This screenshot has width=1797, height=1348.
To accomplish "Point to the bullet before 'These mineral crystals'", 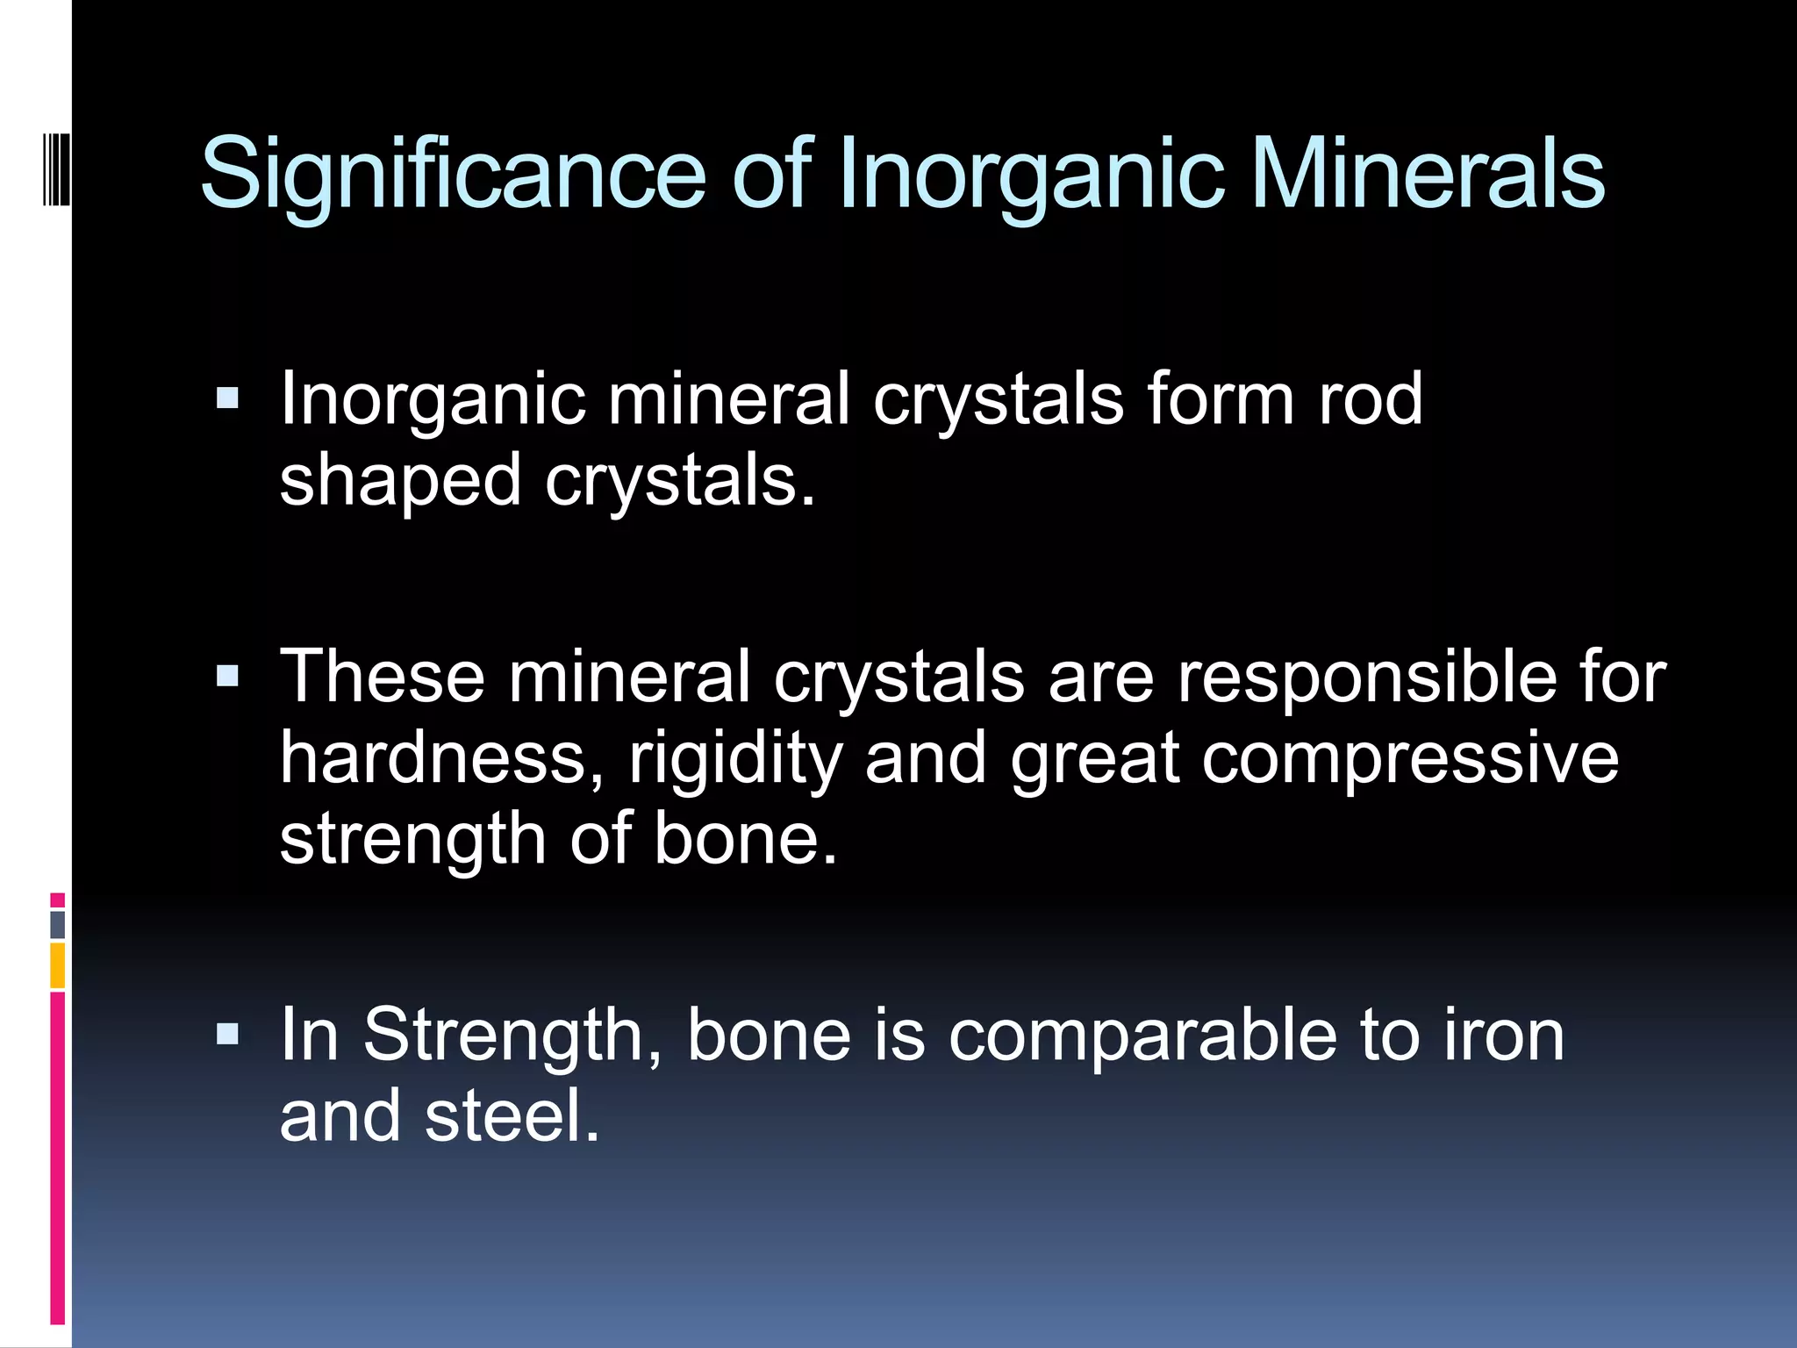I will click(x=227, y=676).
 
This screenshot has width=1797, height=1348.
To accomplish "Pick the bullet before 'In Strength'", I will click(x=227, y=1034).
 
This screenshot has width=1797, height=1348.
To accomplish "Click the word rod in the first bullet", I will click(x=1371, y=399).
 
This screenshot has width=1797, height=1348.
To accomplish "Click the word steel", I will click(x=512, y=1116).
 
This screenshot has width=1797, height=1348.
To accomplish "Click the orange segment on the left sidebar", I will click(x=58, y=965).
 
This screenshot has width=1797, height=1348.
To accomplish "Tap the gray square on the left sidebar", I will click(x=58, y=924).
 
